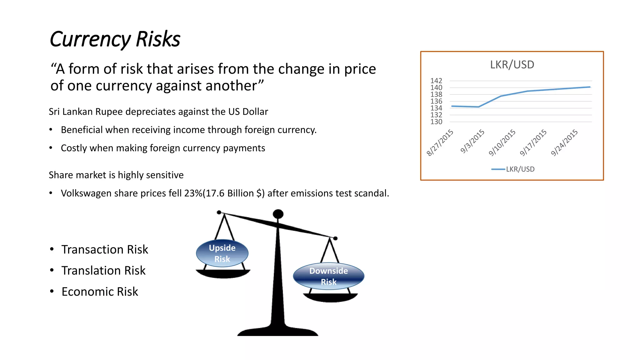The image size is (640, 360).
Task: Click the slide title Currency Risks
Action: tap(115, 39)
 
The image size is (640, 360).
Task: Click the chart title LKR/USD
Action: tap(512, 65)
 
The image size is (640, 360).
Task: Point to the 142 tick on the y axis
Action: tap(436, 81)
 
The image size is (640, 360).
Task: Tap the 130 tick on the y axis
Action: tap(436, 122)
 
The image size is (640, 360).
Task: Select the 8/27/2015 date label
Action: tap(440, 142)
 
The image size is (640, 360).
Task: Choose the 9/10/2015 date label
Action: tap(502, 142)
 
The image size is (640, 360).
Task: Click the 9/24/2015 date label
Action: tap(564, 142)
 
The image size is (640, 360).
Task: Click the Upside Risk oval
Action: tap(222, 253)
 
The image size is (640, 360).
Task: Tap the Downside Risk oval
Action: tap(328, 276)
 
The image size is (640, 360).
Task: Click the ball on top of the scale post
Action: tap(278, 214)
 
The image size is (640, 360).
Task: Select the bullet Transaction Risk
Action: tap(105, 250)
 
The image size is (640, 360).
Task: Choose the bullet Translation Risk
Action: tap(103, 271)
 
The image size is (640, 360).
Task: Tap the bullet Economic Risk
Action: tap(100, 292)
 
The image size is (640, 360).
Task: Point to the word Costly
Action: tap(74, 148)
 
